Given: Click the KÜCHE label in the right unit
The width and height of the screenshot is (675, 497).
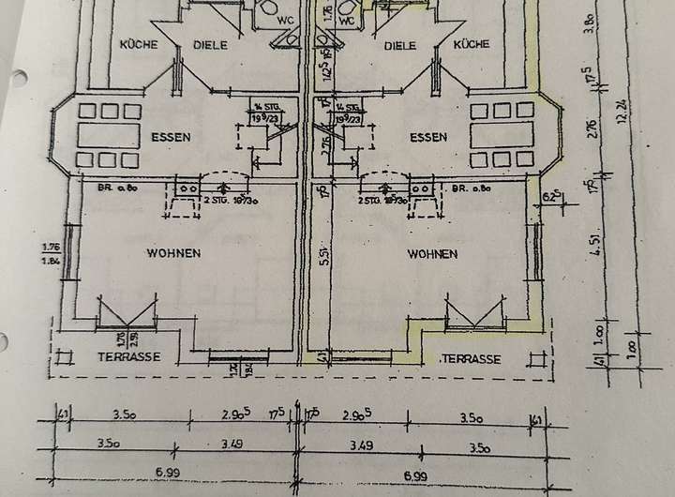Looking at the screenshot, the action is (471, 44).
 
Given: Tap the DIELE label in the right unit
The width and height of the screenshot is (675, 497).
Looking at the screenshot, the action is (400, 44).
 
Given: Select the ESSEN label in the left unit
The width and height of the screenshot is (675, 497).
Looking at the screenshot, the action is (170, 137).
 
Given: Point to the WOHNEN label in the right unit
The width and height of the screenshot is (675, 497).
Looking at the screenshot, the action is (432, 253).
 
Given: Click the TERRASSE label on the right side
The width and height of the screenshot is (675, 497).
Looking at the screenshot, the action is (471, 359).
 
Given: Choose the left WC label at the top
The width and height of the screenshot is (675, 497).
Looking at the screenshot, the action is (282, 17).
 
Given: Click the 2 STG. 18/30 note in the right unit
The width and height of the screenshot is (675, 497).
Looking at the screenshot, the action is (381, 202).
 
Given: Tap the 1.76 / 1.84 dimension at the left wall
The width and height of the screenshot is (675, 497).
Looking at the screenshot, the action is (50, 253).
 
